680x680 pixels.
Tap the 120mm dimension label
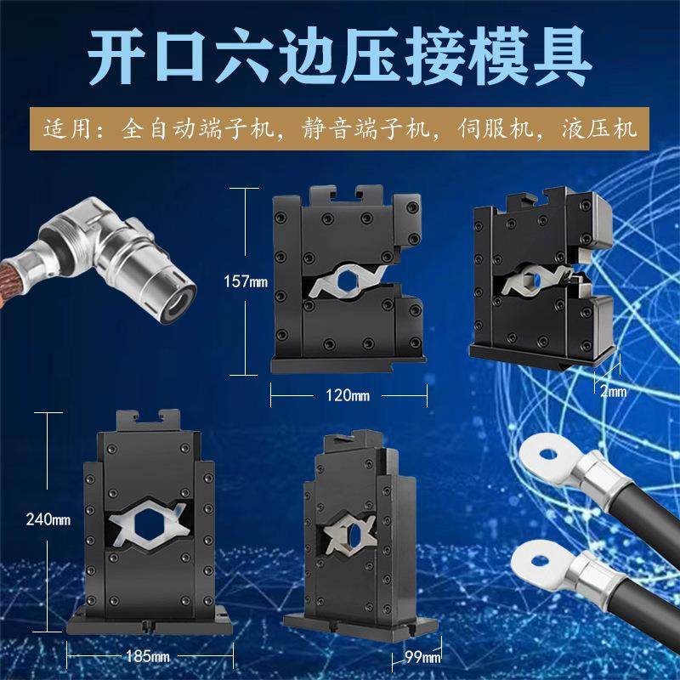[347, 396]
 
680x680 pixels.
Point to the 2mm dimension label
[612, 391]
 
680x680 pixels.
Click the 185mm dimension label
[148, 656]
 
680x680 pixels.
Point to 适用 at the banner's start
[71, 133]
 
